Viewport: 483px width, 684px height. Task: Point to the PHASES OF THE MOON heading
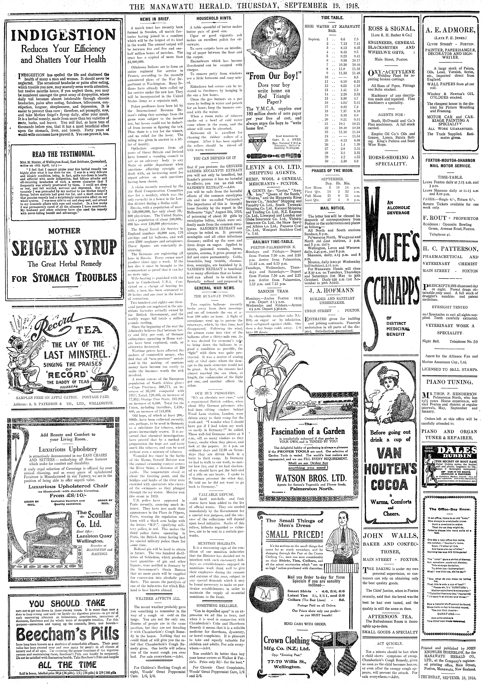[x=332, y=171]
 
